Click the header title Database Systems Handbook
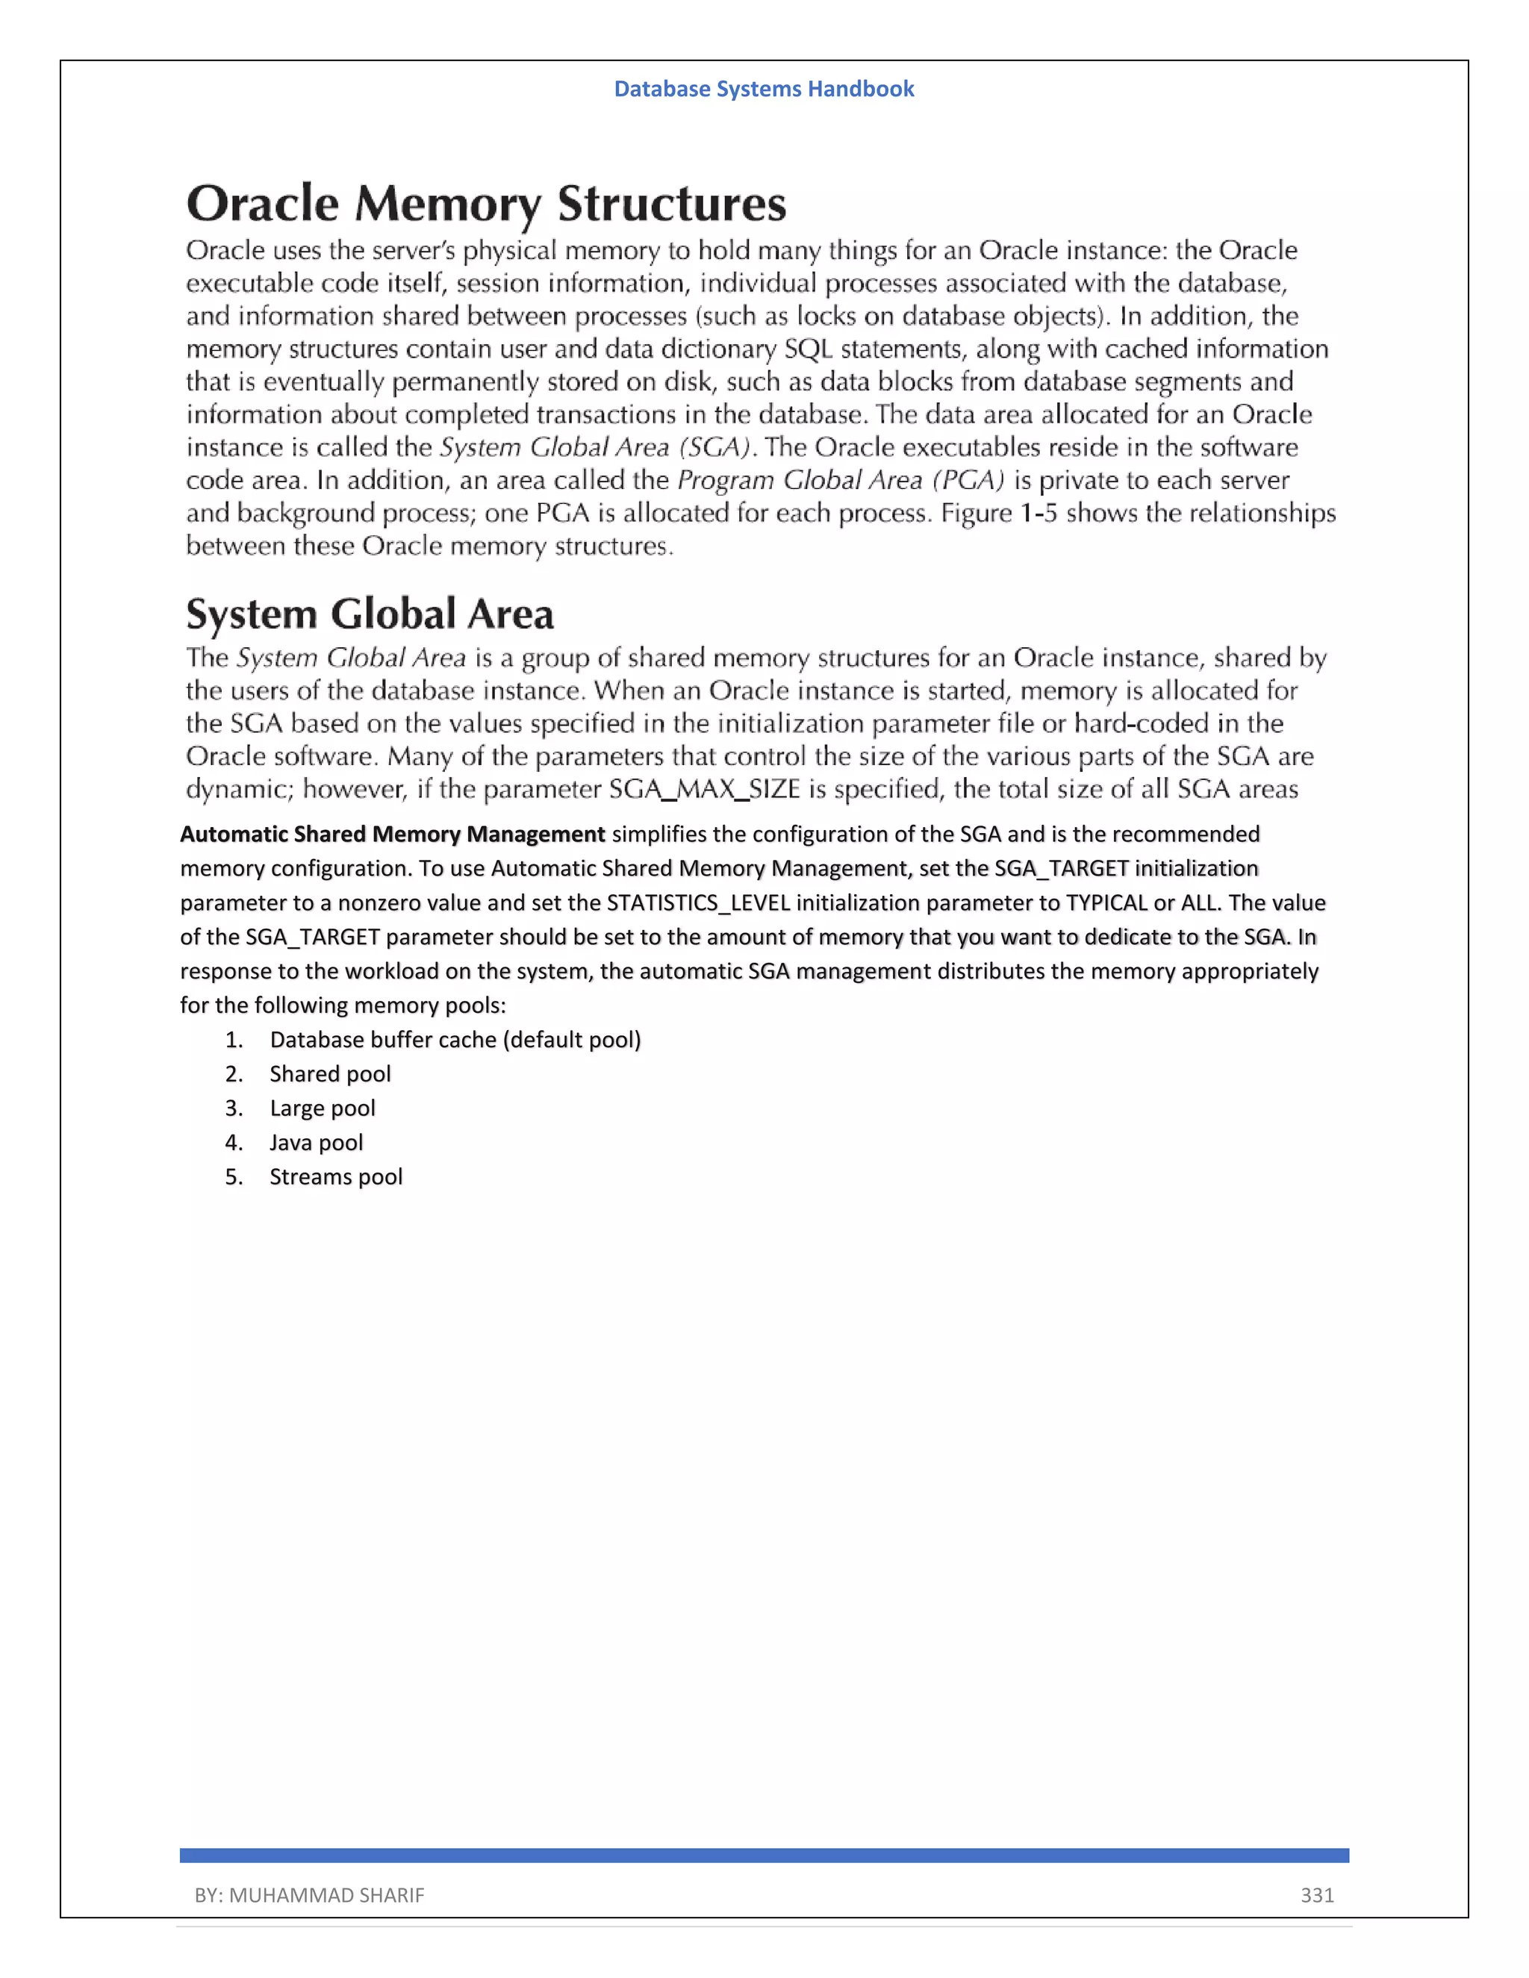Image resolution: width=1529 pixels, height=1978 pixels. pyautogui.click(x=764, y=89)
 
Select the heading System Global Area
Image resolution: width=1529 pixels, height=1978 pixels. pyautogui.click(x=370, y=615)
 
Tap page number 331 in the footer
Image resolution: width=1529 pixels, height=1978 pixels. pyautogui.click(x=1317, y=1894)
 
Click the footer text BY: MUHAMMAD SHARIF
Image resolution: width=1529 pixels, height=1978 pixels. pyautogui.click(x=309, y=1894)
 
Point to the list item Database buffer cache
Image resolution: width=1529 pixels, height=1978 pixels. pyautogui.click(x=455, y=1040)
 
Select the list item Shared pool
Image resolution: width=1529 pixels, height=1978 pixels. pyautogui.click(x=330, y=1074)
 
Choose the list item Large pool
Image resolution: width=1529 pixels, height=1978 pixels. pyautogui.click(x=322, y=1108)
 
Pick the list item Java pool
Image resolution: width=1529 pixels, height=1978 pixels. pyautogui.click(x=316, y=1143)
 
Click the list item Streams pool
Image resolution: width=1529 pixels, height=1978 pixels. pyautogui.click(x=335, y=1177)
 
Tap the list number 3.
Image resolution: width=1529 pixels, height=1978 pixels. pyautogui.click(x=233, y=1108)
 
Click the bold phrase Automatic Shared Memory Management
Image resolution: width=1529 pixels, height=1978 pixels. pyautogui.click(x=392, y=834)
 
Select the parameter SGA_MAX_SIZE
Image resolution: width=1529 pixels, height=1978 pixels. pyautogui.click(x=704, y=790)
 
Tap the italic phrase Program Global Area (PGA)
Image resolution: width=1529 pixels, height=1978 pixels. pyautogui.click(x=841, y=480)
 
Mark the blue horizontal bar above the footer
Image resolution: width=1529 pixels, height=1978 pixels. pyautogui.click(x=764, y=1856)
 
